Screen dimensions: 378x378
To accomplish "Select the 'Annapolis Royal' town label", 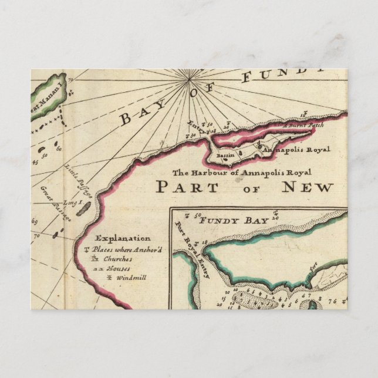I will coord(293,150).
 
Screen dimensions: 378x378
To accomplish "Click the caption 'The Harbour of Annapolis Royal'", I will coord(241,173).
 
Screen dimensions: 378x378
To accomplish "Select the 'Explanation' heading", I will coord(123,238).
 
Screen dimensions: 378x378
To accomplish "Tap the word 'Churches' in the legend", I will coord(115,258).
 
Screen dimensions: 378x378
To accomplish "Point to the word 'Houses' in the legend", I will coord(118,268).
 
